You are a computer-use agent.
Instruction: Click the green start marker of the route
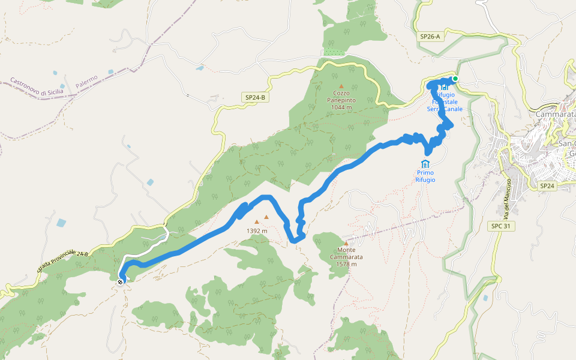click(455, 79)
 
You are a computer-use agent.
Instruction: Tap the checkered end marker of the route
click(121, 281)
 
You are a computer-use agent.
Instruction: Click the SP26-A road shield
click(430, 37)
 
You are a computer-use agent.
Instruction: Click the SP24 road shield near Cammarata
click(547, 186)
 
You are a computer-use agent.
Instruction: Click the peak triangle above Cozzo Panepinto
click(341, 86)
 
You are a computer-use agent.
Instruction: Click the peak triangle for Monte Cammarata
click(346, 243)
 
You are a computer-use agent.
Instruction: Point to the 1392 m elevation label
click(257, 230)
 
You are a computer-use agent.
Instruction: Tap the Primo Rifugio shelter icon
click(425, 164)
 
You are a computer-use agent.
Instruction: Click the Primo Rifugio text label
click(425, 176)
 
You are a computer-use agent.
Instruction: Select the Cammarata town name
click(556, 114)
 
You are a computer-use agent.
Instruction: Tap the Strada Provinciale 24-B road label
click(62, 263)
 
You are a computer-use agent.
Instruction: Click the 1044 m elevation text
click(341, 107)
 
